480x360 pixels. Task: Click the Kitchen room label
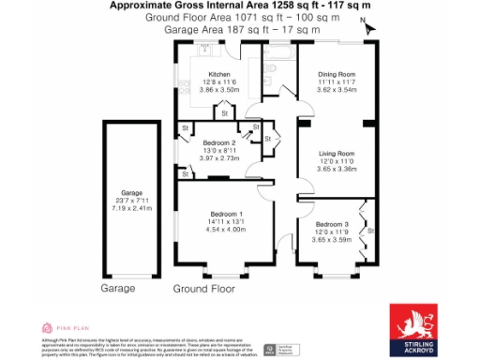[219, 74]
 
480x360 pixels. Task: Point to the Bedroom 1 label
[227, 213]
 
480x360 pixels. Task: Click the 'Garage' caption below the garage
[119, 288]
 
